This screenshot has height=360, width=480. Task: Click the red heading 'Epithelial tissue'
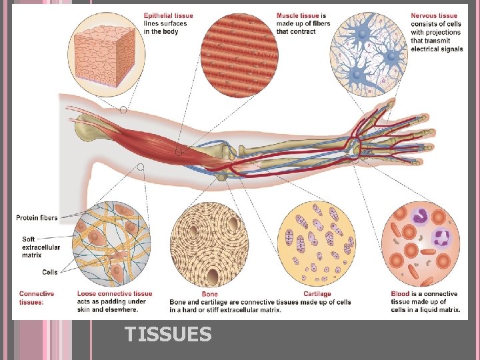tap(168, 15)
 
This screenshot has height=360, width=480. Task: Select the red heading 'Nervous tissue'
tap(434, 15)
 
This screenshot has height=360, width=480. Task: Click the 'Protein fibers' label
tap(37, 217)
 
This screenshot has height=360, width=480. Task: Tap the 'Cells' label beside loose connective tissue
tap(49, 271)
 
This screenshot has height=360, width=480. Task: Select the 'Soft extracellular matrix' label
tap(41, 247)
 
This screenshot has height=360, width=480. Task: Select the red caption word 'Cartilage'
tap(317, 294)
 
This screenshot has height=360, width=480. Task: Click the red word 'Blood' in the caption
tap(401, 294)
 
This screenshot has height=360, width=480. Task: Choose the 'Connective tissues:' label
tap(37, 298)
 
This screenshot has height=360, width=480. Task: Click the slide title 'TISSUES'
tap(168, 333)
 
